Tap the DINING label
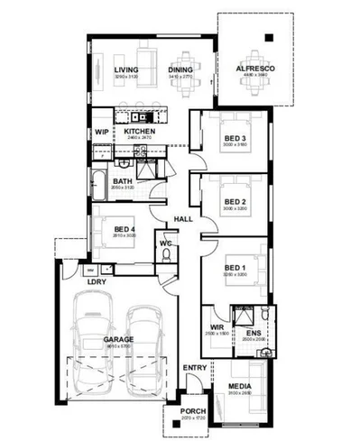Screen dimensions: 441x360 [180, 70]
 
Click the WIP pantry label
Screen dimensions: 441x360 [101, 132]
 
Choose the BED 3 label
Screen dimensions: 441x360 [235, 137]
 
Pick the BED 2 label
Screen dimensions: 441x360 [235, 202]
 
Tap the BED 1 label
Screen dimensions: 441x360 [235, 268]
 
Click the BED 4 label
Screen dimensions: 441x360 [125, 229]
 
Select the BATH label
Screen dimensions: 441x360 [123, 182]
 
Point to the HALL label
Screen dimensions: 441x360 [184, 219]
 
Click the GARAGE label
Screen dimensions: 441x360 [117, 339]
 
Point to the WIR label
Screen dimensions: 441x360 [217, 327]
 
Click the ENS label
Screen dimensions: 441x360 [254, 333]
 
